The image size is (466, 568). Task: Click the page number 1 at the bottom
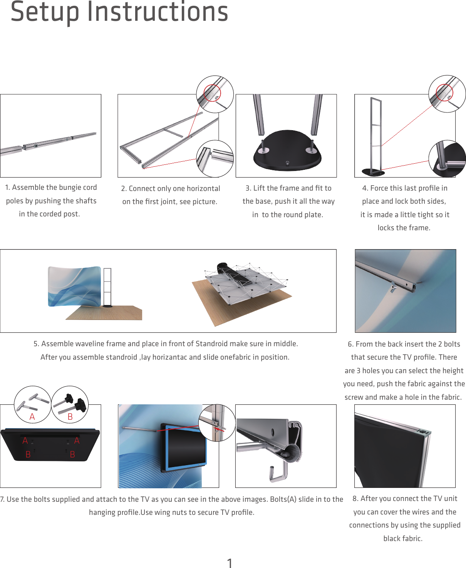point(230,563)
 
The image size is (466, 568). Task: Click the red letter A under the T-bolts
point(32,417)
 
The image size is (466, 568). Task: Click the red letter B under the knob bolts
point(70,417)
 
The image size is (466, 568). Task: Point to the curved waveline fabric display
point(74,286)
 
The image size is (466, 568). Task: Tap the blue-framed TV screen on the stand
point(184,447)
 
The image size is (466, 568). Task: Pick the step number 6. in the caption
point(350,344)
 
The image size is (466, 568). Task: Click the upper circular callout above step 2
point(215,94)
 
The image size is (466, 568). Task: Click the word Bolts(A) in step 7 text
point(283,499)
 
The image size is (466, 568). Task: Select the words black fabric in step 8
point(403,539)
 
